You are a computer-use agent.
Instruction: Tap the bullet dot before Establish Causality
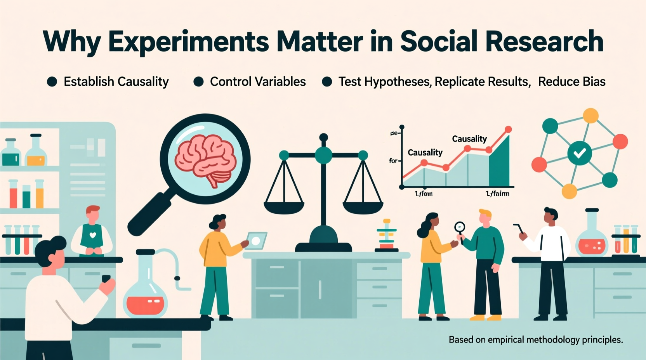tap(52, 82)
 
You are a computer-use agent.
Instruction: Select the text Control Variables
tap(258, 82)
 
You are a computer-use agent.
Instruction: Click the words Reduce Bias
tap(571, 82)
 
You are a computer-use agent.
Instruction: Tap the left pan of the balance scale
tap(284, 207)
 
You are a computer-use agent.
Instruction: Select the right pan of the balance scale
tap(363, 207)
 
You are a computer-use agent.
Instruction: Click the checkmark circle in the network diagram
tap(580, 153)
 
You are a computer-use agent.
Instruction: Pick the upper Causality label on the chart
tap(469, 139)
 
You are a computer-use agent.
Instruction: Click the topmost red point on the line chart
tap(508, 130)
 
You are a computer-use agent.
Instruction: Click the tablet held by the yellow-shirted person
tap(257, 241)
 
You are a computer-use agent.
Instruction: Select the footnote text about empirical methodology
tap(535, 340)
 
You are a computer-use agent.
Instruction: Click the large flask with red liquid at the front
tap(145, 295)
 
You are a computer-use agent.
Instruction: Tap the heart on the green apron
tap(92, 235)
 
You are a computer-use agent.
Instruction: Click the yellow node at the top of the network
tap(590, 115)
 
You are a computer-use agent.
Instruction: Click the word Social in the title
tap(439, 41)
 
